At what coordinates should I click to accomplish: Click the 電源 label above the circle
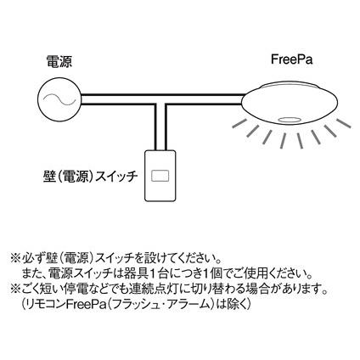coord(59,61)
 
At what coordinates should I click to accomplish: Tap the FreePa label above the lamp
coord(292,59)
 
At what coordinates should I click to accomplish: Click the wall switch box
coord(160,176)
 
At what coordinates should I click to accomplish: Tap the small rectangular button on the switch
coord(160,176)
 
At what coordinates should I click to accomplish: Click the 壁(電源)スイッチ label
coord(91,177)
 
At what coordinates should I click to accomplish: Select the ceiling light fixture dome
coord(290,104)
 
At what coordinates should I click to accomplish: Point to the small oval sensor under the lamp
coord(290,120)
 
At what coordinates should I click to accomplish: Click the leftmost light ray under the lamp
coord(241,123)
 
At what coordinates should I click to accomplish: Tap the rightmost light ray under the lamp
coord(344,122)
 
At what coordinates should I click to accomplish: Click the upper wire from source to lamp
coord(163,94)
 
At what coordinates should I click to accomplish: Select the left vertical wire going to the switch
coord(155,127)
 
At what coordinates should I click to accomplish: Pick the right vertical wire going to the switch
coord(166,127)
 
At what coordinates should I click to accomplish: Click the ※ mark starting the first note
coord(15,259)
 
